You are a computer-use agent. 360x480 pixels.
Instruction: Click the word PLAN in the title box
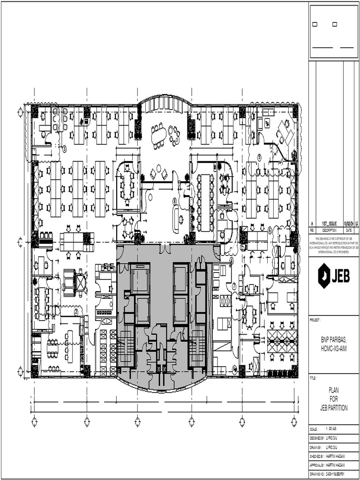coord(334,389)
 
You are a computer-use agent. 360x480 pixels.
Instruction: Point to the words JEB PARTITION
coord(334,408)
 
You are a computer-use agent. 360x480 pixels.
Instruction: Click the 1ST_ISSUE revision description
coord(329,225)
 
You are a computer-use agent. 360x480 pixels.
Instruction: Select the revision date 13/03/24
coord(349,225)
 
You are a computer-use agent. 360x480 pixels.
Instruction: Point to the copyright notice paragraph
coord(334,245)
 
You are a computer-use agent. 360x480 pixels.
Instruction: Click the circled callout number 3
coord(65,148)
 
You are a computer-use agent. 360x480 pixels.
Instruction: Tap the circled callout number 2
coord(75,311)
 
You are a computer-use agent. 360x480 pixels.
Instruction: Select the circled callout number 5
coord(270,230)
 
